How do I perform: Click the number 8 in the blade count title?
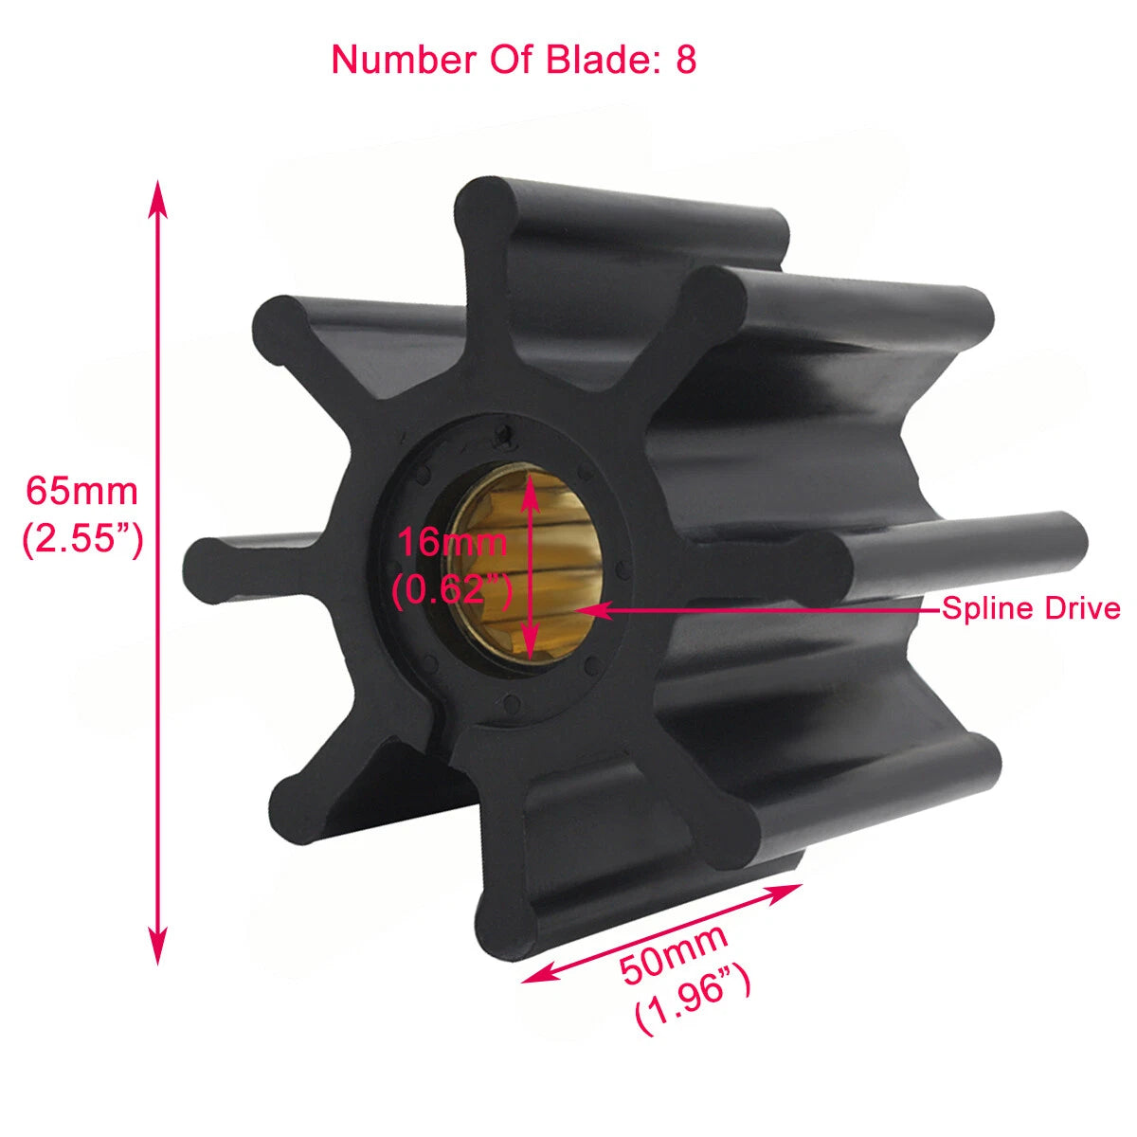click(685, 60)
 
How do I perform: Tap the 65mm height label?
click(81, 492)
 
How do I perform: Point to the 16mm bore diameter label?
click(451, 543)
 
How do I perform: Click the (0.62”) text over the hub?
click(452, 590)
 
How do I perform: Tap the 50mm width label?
click(674, 953)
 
